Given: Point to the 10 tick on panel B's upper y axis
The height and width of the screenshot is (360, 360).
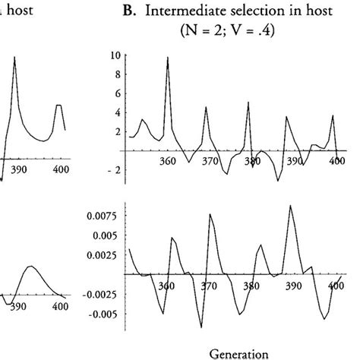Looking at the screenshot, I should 115,55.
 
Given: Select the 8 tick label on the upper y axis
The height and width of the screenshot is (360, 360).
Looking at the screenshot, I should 117,74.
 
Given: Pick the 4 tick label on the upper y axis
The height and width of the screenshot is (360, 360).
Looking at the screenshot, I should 117,112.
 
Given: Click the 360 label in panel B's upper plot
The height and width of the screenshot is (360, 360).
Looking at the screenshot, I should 168,162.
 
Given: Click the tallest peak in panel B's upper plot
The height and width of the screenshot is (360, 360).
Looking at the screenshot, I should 167,57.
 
